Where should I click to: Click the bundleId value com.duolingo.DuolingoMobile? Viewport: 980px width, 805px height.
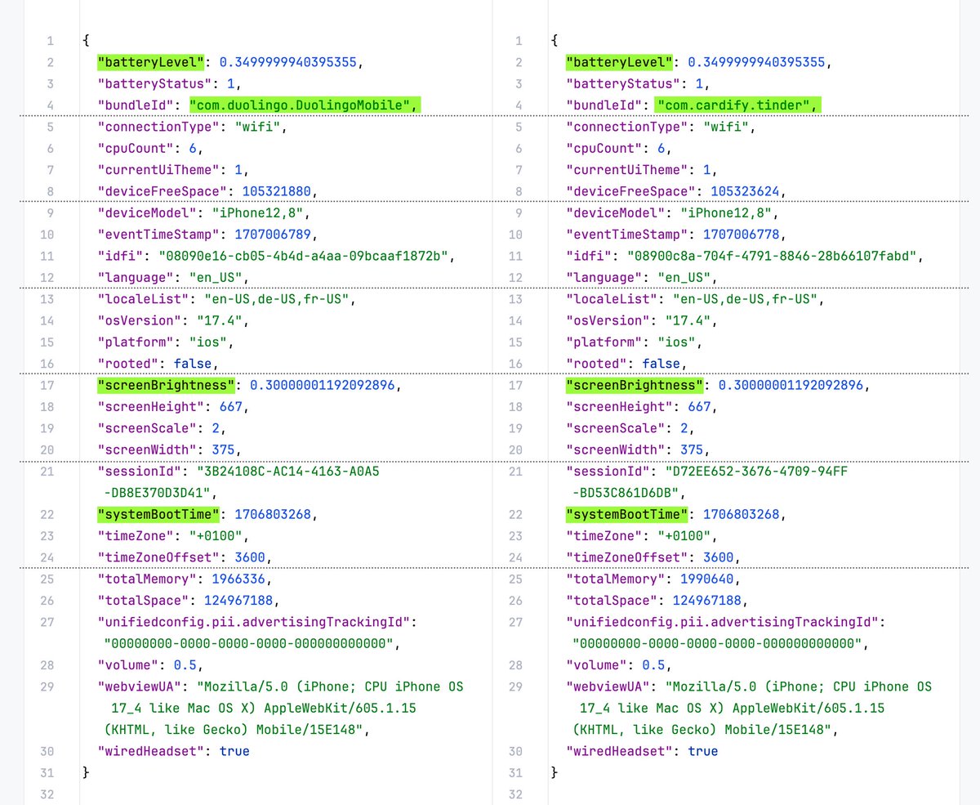pyautogui.click(x=300, y=105)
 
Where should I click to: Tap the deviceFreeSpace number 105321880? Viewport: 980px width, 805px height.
pyautogui.click(x=276, y=191)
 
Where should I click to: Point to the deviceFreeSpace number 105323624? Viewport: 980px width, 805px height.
pyautogui.click(x=745, y=191)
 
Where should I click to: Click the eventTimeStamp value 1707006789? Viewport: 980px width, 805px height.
pyautogui.click(x=272, y=235)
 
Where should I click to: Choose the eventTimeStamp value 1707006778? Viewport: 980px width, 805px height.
pyautogui.click(x=741, y=235)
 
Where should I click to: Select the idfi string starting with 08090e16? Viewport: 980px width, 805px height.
pyautogui.click(x=303, y=257)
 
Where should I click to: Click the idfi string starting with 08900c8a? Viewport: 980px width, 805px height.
pyautogui.click(x=772, y=257)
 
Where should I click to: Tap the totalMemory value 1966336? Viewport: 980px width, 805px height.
pyautogui.click(x=238, y=579)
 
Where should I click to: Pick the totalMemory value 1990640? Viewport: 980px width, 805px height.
pyautogui.click(x=706, y=579)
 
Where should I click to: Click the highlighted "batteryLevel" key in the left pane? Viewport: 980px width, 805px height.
pyautogui.click(x=150, y=62)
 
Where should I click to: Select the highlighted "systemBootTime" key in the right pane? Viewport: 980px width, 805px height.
pyautogui.click(x=626, y=514)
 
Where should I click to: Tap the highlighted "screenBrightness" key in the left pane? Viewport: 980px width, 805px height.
pyautogui.click(x=166, y=385)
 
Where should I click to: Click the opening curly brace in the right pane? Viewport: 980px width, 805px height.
pyautogui.click(x=555, y=41)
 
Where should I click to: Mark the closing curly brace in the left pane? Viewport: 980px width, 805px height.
pyautogui.click(x=86, y=772)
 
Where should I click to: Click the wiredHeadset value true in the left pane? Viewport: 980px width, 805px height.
pyautogui.click(x=234, y=751)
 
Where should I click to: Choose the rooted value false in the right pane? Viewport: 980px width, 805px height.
pyautogui.click(x=661, y=364)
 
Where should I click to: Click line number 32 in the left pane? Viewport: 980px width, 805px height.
pyautogui.click(x=47, y=794)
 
